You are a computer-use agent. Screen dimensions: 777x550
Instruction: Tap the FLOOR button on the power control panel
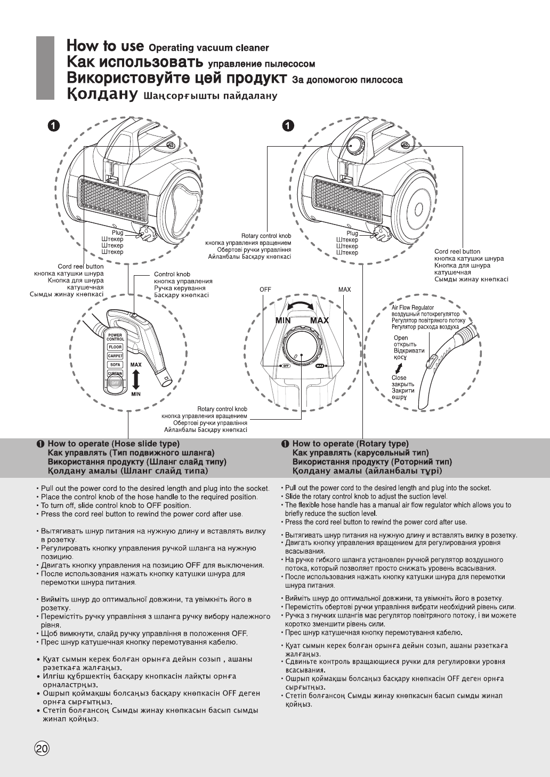point(116,347)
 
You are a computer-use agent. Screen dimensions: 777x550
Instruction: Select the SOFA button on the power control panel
point(115,365)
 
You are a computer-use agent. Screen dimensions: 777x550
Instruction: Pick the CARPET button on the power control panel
point(115,356)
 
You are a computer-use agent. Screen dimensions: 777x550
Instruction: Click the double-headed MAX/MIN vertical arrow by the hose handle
point(135,379)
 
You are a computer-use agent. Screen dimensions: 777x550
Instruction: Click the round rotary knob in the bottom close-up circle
point(302,348)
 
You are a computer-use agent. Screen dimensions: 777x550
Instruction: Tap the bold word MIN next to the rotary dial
point(282,321)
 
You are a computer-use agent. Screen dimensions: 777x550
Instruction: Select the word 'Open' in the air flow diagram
point(401,338)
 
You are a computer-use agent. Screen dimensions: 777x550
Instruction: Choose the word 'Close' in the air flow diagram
point(399,378)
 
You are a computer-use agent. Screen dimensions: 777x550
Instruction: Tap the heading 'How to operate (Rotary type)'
point(350,444)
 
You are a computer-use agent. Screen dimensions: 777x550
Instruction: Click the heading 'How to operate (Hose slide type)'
point(114,444)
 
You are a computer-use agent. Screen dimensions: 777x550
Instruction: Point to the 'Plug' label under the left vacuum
point(117,233)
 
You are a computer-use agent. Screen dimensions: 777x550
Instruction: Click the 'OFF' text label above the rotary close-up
point(265,290)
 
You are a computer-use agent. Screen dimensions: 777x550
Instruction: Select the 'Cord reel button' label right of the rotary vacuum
point(457,252)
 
